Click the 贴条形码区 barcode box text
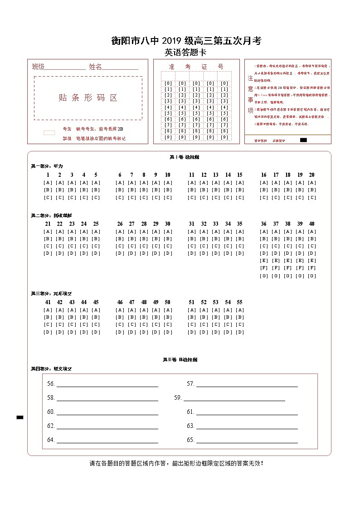coord(88,98)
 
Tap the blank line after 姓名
coord(120,68)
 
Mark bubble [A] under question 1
coord(48,183)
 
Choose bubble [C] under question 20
coord(312,198)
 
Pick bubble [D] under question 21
coord(48,253)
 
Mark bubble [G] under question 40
coord(312,276)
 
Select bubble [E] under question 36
coord(264,261)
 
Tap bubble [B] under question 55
coord(240,317)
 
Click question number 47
coord(131,302)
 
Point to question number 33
coord(216,224)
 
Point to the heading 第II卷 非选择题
coord(180,360)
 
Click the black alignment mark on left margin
coord(20,417)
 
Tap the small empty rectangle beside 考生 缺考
coord(49,133)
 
